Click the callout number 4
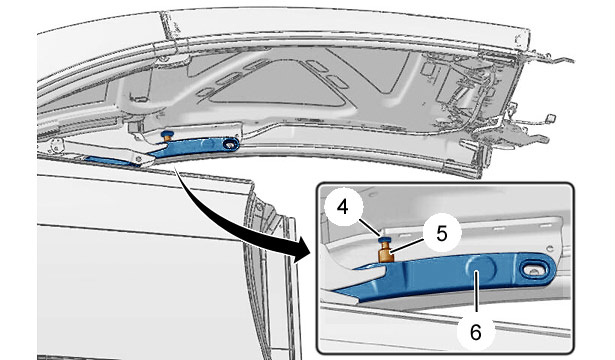(x=342, y=207)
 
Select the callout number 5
(x=442, y=234)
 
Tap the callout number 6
(x=475, y=333)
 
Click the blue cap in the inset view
(x=384, y=239)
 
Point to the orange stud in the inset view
(x=386, y=253)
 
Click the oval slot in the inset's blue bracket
(x=534, y=270)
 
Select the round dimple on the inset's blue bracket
(x=481, y=269)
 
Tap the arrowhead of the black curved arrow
(x=305, y=250)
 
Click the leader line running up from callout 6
(x=475, y=297)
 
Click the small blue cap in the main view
(x=167, y=133)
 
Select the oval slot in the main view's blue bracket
(x=230, y=145)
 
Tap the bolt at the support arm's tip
(x=138, y=159)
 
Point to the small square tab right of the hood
(x=551, y=118)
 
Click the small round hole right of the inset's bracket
(x=551, y=248)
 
